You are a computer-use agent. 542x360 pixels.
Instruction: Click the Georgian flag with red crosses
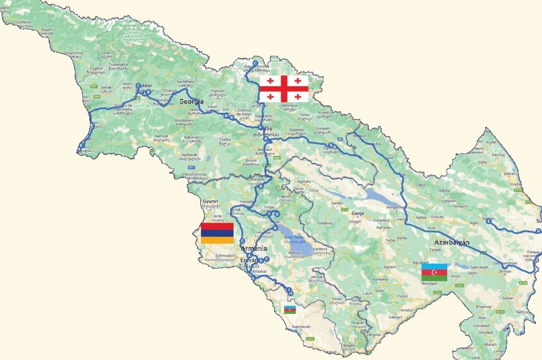pyautogui.click(x=284, y=89)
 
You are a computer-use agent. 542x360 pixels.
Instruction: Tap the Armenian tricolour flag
pyautogui.click(x=217, y=233)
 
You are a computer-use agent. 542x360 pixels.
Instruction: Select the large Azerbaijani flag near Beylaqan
pyautogui.click(x=434, y=272)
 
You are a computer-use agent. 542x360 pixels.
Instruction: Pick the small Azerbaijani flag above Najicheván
pyautogui.click(x=290, y=309)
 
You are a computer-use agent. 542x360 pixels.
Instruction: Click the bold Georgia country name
pyautogui.click(x=192, y=101)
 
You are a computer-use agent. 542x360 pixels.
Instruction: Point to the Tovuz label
pyautogui.click(x=315, y=191)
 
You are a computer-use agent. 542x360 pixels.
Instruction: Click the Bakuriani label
pyautogui.click(x=192, y=136)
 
